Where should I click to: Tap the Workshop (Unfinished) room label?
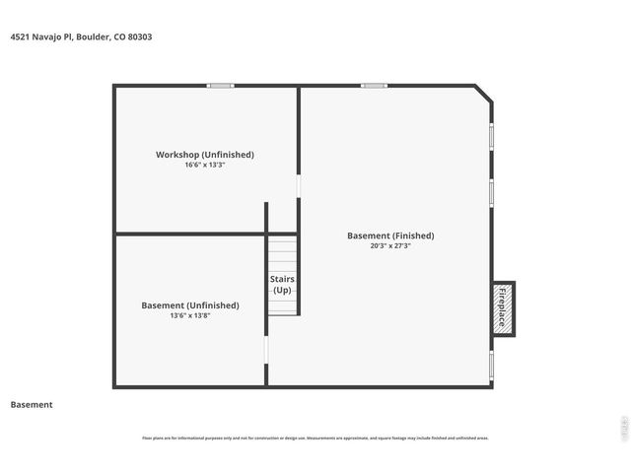(x=204, y=155)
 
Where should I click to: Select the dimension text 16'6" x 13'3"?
(x=204, y=166)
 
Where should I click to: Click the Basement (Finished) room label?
(x=390, y=236)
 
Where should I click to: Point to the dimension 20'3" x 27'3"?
(x=390, y=246)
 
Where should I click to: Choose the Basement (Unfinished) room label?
(x=190, y=305)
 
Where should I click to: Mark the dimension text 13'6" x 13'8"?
(x=190, y=316)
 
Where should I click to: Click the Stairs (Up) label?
(x=282, y=285)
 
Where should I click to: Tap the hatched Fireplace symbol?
(x=502, y=308)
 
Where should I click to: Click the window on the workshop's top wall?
(x=220, y=86)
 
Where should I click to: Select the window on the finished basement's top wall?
(x=374, y=86)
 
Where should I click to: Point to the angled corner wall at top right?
(x=483, y=94)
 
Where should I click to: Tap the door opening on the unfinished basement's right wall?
(x=266, y=351)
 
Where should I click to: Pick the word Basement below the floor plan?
(x=32, y=405)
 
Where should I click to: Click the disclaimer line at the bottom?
(x=315, y=439)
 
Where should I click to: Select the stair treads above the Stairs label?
(x=282, y=254)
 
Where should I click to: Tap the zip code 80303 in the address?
(x=138, y=37)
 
